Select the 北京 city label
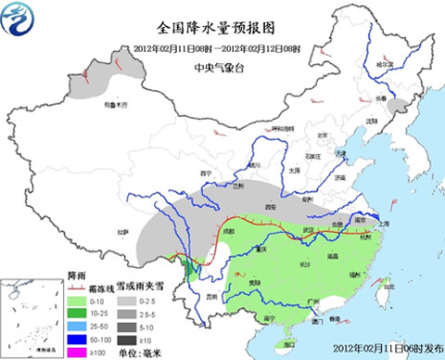click(324, 135)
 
